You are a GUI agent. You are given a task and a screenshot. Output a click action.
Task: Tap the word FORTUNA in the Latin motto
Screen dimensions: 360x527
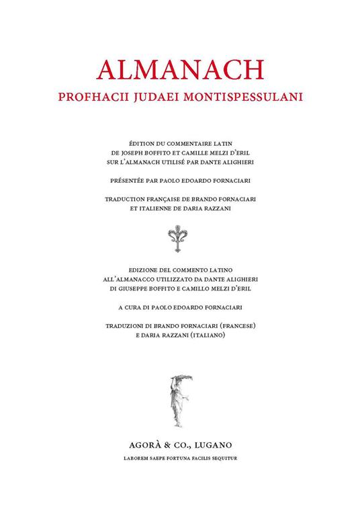point(183,456)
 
